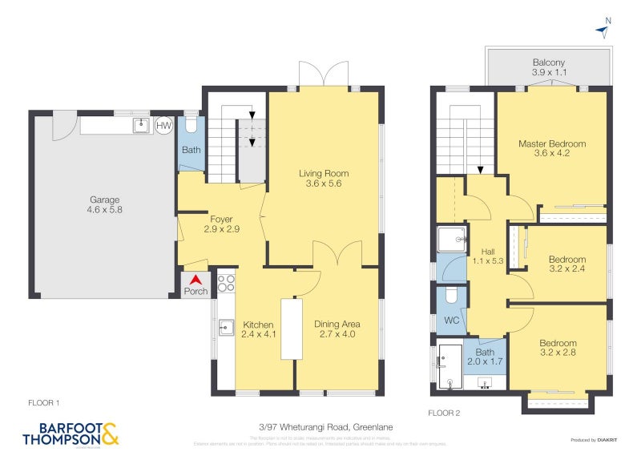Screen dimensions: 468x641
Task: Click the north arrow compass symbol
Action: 603,30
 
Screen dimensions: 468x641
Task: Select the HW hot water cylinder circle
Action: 163,126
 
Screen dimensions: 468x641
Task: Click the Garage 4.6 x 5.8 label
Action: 104,205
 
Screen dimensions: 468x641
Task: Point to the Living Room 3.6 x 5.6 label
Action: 324,179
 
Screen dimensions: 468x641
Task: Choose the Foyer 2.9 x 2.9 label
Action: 221,224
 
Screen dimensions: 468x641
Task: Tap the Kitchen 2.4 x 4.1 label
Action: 259,329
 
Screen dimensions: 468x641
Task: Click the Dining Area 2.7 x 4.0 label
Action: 337,329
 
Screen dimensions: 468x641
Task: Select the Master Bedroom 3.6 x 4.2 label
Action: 551,149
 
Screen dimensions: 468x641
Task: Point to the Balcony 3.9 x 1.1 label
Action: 549,67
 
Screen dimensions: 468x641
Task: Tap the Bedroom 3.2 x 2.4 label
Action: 566,264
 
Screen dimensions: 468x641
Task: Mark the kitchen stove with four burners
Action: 226,283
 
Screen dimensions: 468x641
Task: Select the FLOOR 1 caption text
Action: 44,402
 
